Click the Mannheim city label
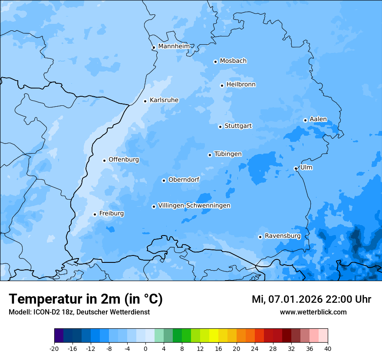click(x=174, y=46)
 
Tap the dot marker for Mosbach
click(x=215, y=62)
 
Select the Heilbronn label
click(x=241, y=84)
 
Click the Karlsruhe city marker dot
click(x=145, y=101)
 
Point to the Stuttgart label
click(x=238, y=126)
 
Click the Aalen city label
click(x=318, y=119)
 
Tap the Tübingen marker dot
click(x=210, y=155)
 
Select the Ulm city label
click(x=306, y=167)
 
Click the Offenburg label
click(x=124, y=160)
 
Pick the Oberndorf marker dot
click(x=164, y=180)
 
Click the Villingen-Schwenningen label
click(x=194, y=206)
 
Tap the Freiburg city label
click(x=111, y=213)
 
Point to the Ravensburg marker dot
click(x=260, y=237)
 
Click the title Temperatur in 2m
click(x=86, y=299)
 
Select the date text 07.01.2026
click(x=294, y=299)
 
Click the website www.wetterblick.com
click(x=313, y=312)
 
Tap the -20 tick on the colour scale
click(x=54, y=348)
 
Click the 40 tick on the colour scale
click(x=328, y=348)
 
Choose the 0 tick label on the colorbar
click(x=145, y=348)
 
